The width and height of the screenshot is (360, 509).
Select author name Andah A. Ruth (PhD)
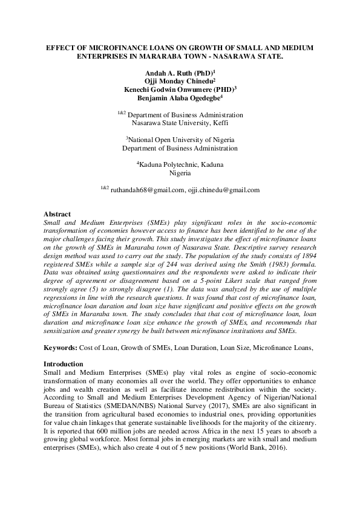(178, 71)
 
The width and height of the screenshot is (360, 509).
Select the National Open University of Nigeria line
(180, 139)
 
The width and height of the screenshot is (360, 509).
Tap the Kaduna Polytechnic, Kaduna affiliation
(180, 164)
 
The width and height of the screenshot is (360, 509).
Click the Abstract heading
(57, 214)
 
